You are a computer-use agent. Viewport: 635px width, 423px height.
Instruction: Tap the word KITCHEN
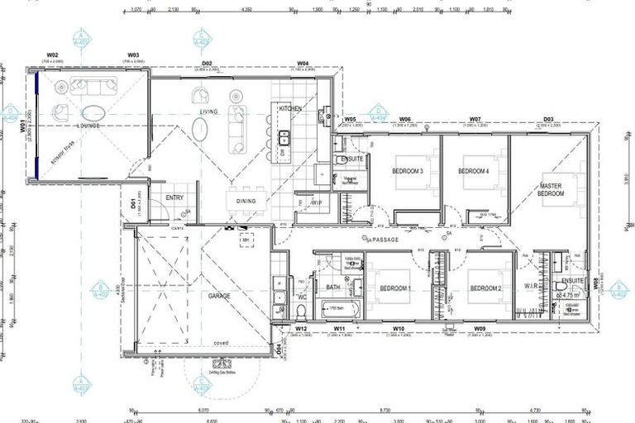(x=290, y=109)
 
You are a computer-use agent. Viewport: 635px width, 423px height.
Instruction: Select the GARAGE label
(x=219, y=295)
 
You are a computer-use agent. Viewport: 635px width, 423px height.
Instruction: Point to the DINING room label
(x=246, y=201)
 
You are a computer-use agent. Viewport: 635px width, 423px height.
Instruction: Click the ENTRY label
(x=174, y=197)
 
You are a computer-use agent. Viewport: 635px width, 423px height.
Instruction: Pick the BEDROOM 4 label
(x=474, y=171)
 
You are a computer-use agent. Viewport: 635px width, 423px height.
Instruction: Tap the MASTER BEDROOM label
(x=551, y=190)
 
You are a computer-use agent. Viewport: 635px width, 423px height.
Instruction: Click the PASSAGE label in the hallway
(x=384, y=240)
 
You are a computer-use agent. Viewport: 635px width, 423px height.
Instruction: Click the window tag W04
(x=303, y=64)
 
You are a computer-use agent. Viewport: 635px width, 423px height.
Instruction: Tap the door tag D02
(x=208, y=64)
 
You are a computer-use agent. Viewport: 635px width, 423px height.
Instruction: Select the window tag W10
(x=398, y=329)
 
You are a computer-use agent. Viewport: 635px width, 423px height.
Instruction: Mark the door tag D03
(x=547, y=120)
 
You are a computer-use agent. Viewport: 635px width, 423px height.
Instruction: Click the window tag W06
(x=405, y=120)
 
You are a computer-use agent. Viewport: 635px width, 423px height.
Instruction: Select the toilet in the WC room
(x=302, y=311)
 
